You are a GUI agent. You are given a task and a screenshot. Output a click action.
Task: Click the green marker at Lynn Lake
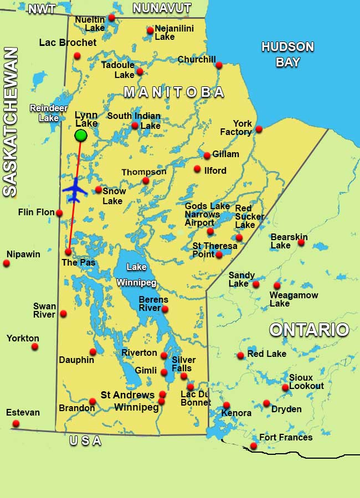click(x=81, y=135)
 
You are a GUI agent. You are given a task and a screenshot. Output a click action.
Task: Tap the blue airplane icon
click(x=75, y=190)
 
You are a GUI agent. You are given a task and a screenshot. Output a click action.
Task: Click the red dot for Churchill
click(x=219, y=65)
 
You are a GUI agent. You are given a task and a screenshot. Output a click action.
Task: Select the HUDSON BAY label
click(x=287, y=54)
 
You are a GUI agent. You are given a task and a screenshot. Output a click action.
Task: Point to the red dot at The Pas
click(x=68, y=252)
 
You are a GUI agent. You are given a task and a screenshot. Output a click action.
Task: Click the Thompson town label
click(x=143, y=172)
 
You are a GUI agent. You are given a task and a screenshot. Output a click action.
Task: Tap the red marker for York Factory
click(x=259, y=129)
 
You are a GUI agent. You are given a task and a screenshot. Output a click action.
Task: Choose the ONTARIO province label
click(x=309, y=330)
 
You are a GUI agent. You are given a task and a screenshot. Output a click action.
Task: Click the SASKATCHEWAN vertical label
click(x=11, y=122)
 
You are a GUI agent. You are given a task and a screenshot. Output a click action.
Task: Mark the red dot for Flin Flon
click(x=59, y=213)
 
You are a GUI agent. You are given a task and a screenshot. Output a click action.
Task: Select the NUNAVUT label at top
click(x=162, y=8)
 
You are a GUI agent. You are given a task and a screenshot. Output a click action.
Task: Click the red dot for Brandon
click(x=92, y=402)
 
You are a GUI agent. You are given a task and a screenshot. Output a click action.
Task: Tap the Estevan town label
click(x=23, y=413)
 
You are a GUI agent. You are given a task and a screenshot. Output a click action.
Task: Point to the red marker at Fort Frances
click(x=253, y=446)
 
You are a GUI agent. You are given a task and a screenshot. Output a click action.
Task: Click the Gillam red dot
click(x=207, y=155)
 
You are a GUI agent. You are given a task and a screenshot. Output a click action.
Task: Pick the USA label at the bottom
click(x=86, y=441)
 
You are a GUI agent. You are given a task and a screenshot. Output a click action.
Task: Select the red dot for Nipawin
click(x=7, y=263)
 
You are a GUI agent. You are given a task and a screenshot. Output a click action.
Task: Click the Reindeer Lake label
click(x=44, y=113)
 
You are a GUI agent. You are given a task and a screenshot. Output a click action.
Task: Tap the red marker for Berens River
click(x=164, y=309)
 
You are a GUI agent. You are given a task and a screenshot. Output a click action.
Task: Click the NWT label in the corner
click(x=42, y=9)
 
